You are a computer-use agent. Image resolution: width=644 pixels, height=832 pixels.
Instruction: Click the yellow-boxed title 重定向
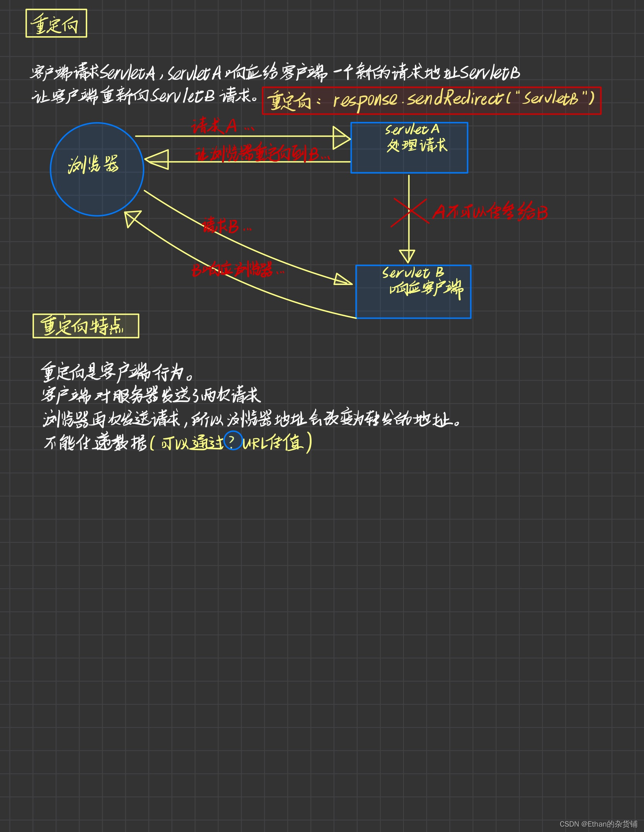(x=56, y=24)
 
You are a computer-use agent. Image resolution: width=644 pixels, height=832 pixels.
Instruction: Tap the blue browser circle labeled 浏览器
(x=97, y=169)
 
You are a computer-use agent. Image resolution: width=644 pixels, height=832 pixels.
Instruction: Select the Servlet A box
(x=409, y=148)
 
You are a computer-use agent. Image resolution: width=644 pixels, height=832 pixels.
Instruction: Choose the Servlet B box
(x=413, y=292)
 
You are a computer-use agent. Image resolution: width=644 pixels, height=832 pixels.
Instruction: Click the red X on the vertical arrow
(x=409, y=212)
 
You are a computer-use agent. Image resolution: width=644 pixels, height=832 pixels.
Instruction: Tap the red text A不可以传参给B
(x=490, y=212)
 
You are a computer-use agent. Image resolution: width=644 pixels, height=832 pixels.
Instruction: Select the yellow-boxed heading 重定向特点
(x=86, y=326)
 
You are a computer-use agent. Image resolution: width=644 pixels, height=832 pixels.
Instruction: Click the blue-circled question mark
(x=233, y=440)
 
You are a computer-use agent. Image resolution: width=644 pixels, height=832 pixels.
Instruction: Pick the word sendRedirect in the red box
(x=456, y=100)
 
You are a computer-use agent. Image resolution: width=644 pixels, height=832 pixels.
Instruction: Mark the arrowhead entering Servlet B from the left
(x=343, y=280)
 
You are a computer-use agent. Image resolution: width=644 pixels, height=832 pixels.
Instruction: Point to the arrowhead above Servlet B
(x=407, y=256)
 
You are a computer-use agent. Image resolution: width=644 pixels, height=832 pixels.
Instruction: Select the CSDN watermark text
(x=598, y=824)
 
